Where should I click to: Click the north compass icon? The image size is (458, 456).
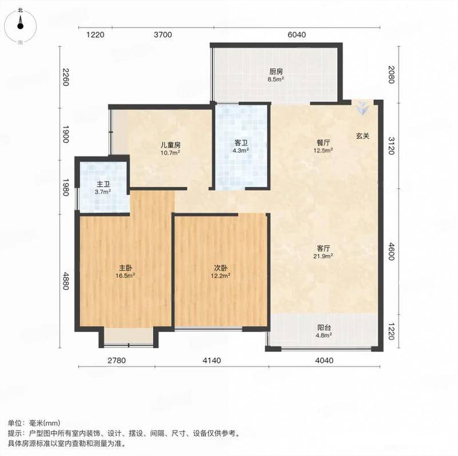point(20,25)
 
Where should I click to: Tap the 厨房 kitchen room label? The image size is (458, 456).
point(276,72)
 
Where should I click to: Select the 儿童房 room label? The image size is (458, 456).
point(170,145)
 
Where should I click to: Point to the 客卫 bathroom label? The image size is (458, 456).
point(241,143)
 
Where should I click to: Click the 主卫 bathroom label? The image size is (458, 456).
point(103,184)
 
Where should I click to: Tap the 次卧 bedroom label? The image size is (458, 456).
point(221,268)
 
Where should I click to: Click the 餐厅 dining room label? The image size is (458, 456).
point(323,143)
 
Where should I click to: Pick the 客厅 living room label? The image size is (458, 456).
point(323,249)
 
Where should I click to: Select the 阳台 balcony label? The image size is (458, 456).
point(324,328)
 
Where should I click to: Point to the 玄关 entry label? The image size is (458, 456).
point(363,136)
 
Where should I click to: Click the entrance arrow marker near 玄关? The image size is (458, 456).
point(362,108)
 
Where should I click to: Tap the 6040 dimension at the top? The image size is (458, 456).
point(297,35)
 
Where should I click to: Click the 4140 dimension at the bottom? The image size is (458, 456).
point(212,360)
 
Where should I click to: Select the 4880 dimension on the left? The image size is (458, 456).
point(65,281)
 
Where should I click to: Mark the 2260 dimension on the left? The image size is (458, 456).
point(65,77)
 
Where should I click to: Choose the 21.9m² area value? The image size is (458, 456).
point(323,256)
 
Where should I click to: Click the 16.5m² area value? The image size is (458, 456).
point(125,276)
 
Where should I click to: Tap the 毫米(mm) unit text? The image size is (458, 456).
point(45,423)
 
